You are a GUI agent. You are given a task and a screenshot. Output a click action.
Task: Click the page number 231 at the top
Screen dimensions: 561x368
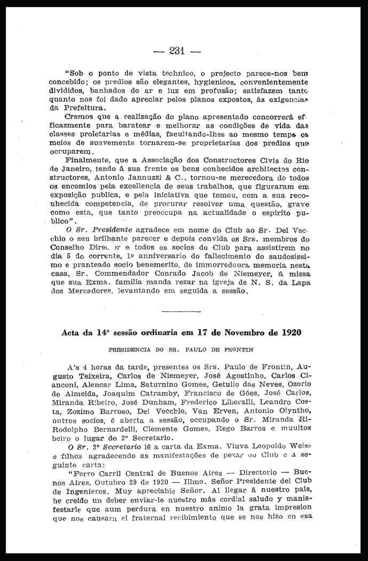click(176, 51)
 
